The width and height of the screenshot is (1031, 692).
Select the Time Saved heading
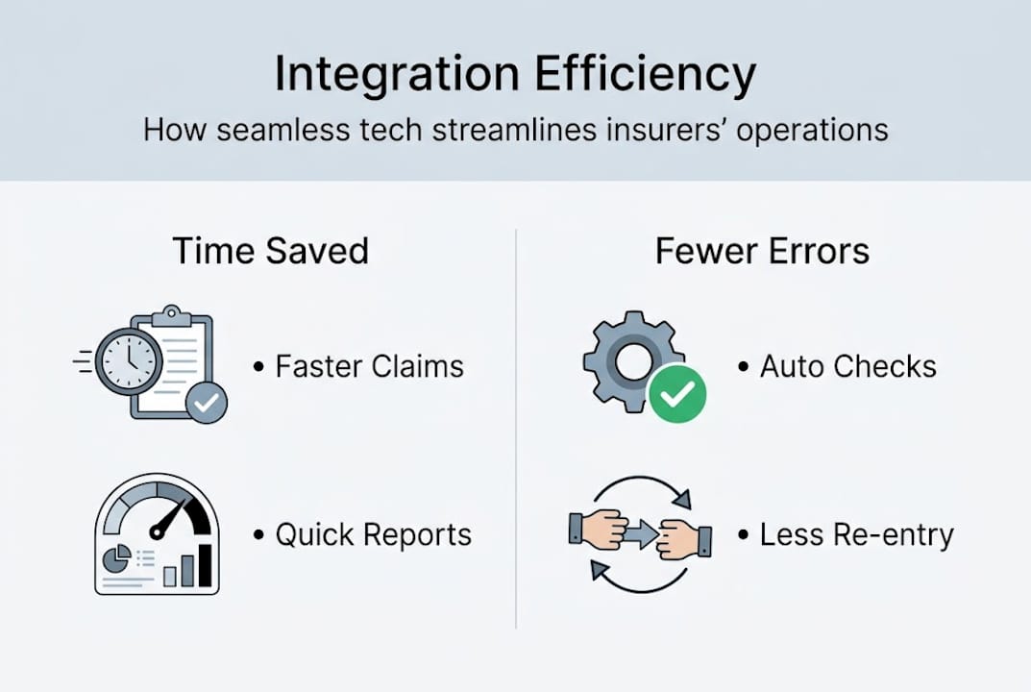270,252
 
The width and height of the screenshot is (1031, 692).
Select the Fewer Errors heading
762,252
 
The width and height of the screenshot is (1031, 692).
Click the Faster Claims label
369,366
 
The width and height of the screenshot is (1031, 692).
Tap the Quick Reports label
373,534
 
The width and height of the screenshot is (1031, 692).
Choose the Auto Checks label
847,366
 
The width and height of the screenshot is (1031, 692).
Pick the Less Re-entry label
856,534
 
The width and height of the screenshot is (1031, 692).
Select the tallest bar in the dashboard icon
204,567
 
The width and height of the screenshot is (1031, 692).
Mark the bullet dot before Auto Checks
743,367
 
